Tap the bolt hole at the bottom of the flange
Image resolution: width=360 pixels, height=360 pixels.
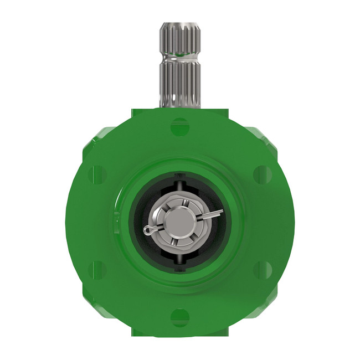[180, 317]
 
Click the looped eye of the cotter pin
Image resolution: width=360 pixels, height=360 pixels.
[148, 229]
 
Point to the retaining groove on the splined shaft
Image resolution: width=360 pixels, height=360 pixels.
[180, 55]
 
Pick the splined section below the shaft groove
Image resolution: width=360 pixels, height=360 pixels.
[180, 83]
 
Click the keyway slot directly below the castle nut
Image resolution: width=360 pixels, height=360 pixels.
[180, 259]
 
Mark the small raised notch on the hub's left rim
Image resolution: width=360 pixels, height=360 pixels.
[116, 213]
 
